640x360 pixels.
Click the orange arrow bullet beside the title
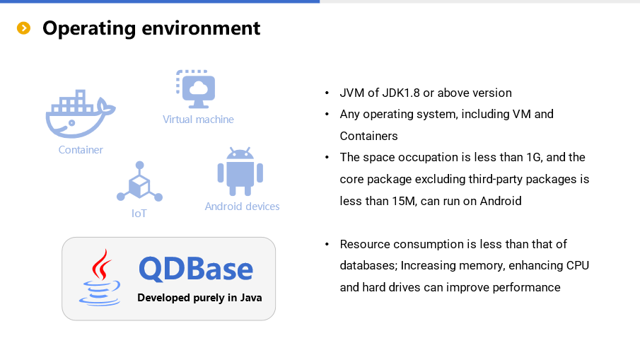[23, 28]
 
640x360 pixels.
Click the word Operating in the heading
[89, 29]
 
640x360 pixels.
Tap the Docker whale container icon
[81, 113]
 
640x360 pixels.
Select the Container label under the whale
[81, 150]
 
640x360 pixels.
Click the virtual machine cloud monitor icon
[196, 89]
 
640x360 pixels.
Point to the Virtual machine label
[199, 120]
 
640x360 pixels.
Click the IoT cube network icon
[139, 182]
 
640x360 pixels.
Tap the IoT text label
[139, 214]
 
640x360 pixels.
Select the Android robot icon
[240, 171]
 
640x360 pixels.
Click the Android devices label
[242, 207]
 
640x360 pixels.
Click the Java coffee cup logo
[100, 277]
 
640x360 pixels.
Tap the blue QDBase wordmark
[196, 269]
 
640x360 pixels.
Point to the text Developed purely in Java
[199, 298]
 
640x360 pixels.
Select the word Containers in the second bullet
[368, 136]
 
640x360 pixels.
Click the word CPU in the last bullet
[578, 265]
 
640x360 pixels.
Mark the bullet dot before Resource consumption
[327, 245]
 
